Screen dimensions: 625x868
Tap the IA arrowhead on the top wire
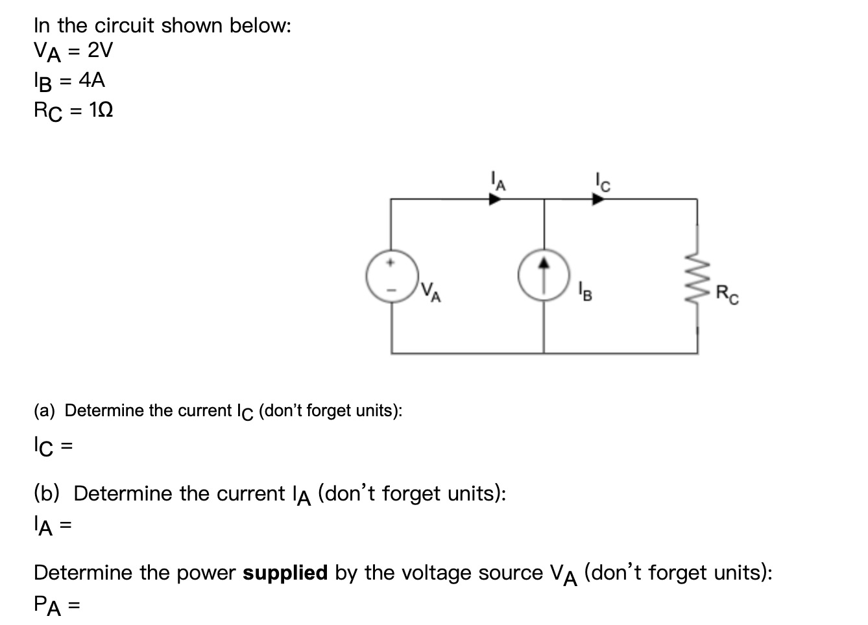point(495,200)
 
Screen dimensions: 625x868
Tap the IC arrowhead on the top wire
point(597,200)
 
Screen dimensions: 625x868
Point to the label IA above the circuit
point(496,180)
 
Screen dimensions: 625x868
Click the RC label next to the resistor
point(727,295)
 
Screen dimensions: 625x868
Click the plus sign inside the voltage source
point(391,263)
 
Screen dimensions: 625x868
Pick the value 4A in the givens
point(91,80)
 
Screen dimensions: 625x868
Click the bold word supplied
point(285,573)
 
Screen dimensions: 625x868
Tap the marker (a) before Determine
point(45,411)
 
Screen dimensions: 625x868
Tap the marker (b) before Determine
point(47,494)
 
